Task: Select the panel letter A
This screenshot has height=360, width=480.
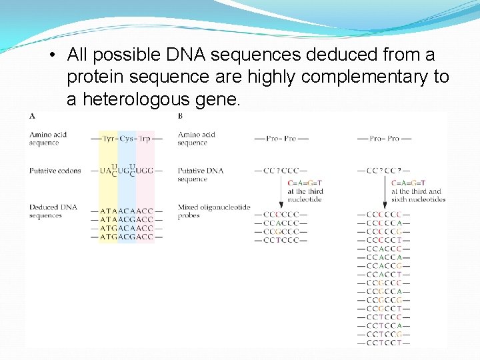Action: [32, 116]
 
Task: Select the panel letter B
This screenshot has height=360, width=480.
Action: [181, 116]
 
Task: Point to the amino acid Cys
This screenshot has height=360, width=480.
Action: [127, 139]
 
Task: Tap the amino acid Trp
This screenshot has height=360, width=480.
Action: [145, 139]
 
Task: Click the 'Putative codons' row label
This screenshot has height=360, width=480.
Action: [55, 171]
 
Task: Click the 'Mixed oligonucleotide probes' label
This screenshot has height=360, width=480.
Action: [213, 211]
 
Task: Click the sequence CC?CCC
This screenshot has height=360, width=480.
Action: [281, 171]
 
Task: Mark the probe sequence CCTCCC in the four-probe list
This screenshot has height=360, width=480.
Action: [281, 239]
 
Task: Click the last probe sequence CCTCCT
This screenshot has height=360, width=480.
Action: [384, 343]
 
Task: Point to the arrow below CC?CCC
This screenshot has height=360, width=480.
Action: [281, 193]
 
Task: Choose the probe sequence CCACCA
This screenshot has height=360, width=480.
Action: [384, 257]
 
